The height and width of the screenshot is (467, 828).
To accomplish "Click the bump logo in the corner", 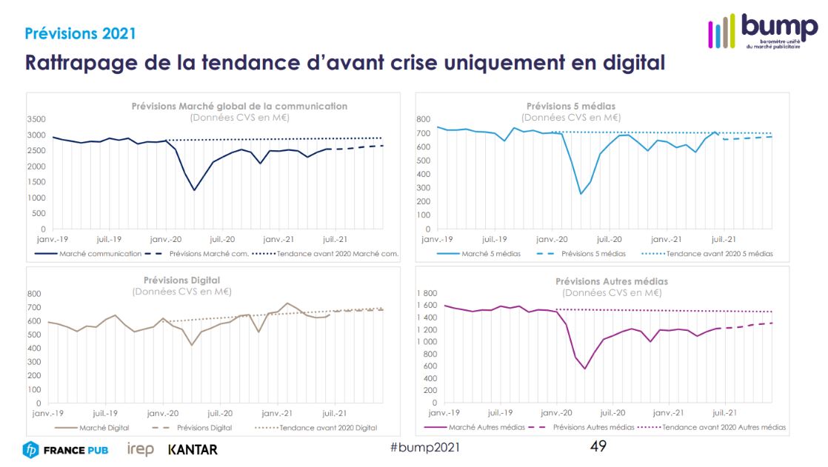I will (x=763, y=31).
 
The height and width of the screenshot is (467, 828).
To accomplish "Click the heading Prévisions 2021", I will (x=80, y=33).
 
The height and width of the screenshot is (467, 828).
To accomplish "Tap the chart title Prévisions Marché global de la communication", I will (x=239, y=106).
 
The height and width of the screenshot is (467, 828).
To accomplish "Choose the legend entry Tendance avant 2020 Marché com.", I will (x=337, y=254).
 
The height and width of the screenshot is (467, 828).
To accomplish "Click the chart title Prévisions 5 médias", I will (x=571, y=106).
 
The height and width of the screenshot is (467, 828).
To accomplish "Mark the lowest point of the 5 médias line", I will (x=581, y=194).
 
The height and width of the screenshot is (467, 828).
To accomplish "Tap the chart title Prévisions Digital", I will (x=182, y=280).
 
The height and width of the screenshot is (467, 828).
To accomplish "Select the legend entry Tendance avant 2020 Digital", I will (x=326, y=428).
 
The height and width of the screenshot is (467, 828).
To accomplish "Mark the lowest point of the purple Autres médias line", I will (x=584, y=369).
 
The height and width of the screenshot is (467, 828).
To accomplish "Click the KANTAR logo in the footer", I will (x=193, y=449).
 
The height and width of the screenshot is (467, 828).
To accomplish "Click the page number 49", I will (x=598, y=446).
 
